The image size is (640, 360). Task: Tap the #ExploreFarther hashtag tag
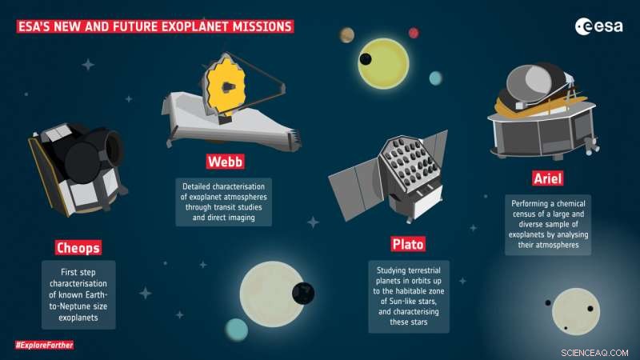(44, 345)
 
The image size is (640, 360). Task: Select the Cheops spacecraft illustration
(76, 163)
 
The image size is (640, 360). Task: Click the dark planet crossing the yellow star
(366, 59)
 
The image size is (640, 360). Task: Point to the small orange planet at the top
(346, 35)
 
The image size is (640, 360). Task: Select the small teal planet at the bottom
(236, 330)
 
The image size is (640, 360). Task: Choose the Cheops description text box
(78, 294)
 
